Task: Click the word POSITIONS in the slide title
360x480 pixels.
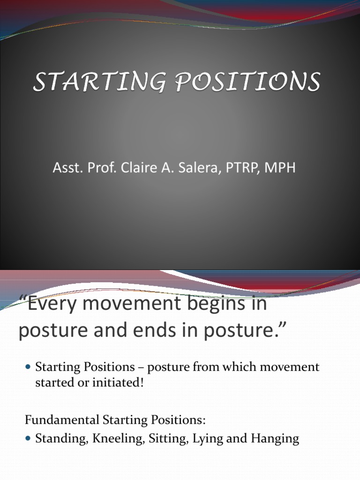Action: (244, 82)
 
